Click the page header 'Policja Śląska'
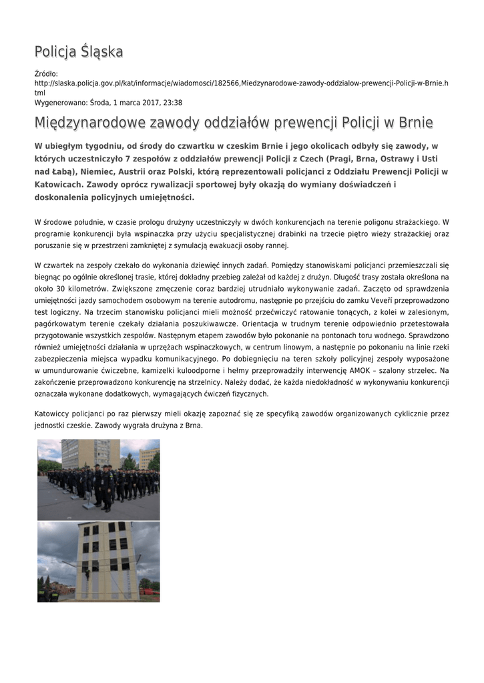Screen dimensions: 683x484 (79, 51)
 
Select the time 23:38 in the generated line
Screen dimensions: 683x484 (172, 103)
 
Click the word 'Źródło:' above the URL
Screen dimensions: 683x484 (46, 73)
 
